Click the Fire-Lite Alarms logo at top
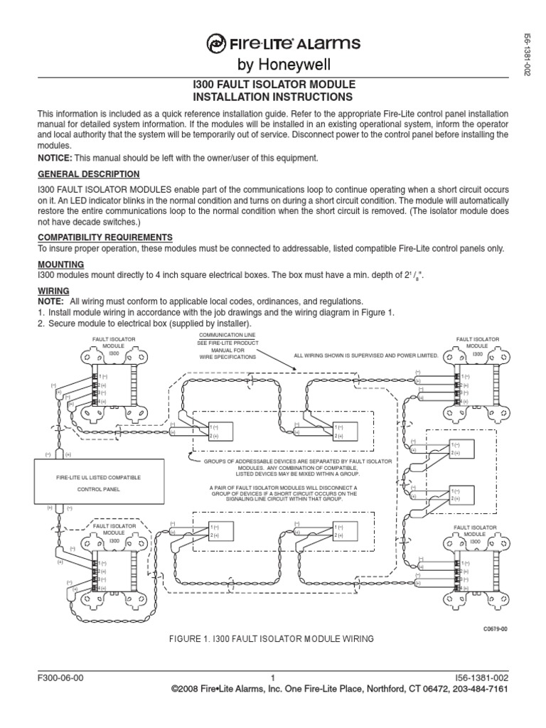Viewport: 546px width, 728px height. [272, 44]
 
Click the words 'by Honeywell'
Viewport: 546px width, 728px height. [272, 66]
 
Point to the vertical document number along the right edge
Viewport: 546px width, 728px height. [528, 53]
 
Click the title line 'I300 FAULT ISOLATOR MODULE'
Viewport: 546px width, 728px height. [273, 84]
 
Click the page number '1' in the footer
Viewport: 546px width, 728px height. [273, 678]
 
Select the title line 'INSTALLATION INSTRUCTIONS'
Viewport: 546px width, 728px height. [273, 97]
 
